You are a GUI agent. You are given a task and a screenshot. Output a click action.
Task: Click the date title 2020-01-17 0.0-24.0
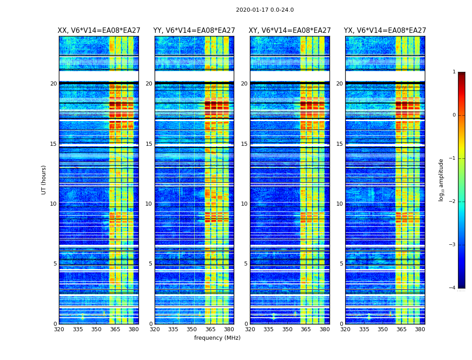pos(265,10)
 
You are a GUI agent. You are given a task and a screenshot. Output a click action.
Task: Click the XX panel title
pos(99,31)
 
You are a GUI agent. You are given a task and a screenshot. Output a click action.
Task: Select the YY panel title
pos(194,31)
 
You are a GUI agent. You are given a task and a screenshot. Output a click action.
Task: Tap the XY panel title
pos(290,31)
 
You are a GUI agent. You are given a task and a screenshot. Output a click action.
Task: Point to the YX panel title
pos(385,31)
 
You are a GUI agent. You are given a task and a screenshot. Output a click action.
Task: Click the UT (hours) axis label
pos(44,180)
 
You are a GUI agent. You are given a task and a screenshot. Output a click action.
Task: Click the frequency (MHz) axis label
pos(217,338)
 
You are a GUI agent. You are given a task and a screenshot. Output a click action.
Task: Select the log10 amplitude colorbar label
pos(441,180)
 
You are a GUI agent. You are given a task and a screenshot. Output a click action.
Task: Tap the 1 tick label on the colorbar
pos(454,72)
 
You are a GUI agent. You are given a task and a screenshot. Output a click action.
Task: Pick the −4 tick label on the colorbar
pos(453,288)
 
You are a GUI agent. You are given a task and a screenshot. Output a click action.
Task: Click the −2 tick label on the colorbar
pos(453,202)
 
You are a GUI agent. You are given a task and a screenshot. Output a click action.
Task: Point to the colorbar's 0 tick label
pos(454,115)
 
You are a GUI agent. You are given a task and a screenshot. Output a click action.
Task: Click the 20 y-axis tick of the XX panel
pos(53,84)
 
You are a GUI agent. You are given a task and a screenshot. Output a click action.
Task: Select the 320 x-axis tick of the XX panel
pos(59,329)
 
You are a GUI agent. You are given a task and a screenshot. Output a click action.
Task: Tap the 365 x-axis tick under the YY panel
pos(210,329)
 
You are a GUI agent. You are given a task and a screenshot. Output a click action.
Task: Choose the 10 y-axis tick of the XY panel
pos(245,204)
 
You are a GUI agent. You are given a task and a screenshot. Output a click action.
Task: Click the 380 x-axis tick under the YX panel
pos(420,329)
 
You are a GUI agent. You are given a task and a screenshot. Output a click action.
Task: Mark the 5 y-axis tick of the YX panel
pos(342,264)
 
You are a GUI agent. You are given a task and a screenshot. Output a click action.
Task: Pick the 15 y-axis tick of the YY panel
pos(149,144)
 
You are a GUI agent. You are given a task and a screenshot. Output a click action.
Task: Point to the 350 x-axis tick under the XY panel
pos(287,329)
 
